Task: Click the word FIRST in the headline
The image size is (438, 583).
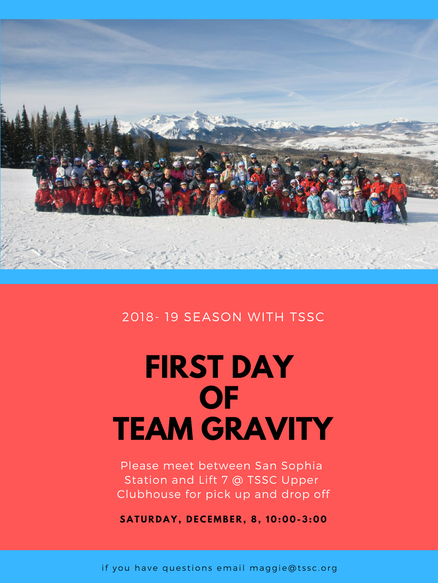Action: coord(184,367)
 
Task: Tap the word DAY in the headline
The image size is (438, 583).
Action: coord(263,367)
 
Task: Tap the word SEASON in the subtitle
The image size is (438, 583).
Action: coord(213,317)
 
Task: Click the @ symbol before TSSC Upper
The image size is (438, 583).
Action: coord(237,480)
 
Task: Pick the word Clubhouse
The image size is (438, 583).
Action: coord(149,494)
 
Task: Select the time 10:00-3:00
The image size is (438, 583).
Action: coord(296,519)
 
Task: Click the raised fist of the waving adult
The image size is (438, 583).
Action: coord(355,155)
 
